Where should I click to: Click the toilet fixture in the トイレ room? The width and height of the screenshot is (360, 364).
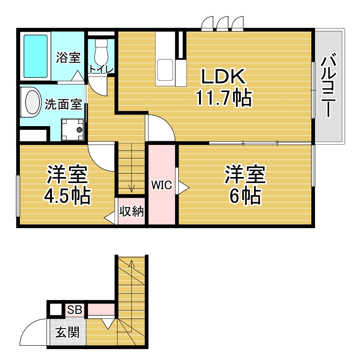(101, 53)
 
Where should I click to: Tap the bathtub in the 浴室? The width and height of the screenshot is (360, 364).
(35, 56)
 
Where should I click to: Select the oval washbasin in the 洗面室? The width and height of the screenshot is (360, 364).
(32, 102)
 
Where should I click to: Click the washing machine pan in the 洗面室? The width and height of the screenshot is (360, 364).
(72, 129)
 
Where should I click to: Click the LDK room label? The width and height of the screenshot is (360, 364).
(223, 76)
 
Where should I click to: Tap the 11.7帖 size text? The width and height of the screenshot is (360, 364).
(224, 98)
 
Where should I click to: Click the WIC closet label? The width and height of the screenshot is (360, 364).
(161, 185)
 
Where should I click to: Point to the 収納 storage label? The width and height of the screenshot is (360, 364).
(131, 211)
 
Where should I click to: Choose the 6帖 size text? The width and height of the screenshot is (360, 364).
(245, 197)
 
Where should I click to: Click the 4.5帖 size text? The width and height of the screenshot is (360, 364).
(67, 197)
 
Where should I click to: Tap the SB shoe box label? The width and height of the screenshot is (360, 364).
(75, 309)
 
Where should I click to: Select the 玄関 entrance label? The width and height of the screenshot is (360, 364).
(67, 332)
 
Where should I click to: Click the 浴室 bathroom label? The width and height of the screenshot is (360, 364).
(68, 58)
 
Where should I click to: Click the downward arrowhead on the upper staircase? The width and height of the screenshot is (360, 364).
(131, 189)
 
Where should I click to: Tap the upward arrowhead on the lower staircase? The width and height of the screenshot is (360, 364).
(131, 263)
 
